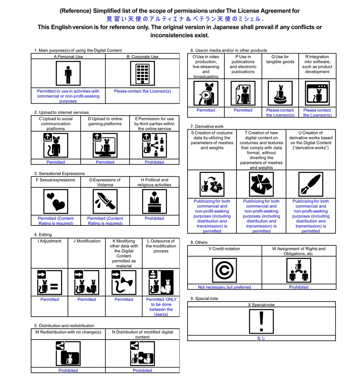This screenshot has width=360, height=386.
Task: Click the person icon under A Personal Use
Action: tap(68, 74)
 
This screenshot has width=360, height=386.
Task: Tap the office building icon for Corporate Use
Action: tap(142, 74)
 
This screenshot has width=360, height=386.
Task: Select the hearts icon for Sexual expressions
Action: tap(56, 202)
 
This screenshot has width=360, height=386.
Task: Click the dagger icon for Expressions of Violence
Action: tap(105, 202)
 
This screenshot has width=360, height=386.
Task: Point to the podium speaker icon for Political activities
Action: tap(155, 202)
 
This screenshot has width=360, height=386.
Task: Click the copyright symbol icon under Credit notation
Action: tap(224, 270)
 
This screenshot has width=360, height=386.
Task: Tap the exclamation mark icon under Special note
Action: tap(261, 322)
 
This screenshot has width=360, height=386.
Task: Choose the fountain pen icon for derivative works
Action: tap(311, 184)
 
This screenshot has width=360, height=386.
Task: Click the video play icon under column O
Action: tap(206, 93)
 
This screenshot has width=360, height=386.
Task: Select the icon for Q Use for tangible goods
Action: tap(280, 93)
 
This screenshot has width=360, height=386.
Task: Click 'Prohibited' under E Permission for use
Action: tap(155, 162)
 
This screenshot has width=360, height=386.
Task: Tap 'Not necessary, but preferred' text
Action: tap(224, 287)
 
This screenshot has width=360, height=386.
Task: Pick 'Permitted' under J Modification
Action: tap(87, 299)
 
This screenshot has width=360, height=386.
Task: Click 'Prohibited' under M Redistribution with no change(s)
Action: tap(68, 371)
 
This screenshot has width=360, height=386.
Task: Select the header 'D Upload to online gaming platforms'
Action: tap(105, 121)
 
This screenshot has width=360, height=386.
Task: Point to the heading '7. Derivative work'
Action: tap(207, 126)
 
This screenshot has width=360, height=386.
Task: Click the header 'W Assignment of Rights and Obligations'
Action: tap(299, 251)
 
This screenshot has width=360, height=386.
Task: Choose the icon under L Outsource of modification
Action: tap(161, 282)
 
